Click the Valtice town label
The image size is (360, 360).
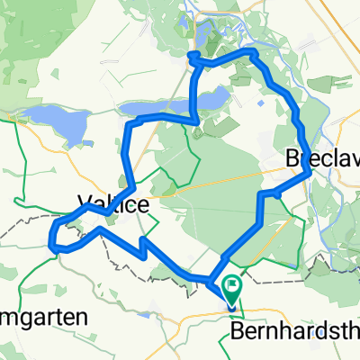click(x=113, y=205)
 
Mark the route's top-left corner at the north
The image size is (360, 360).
click(x=192, y=62)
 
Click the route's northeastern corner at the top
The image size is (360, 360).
click(x=253, y=53)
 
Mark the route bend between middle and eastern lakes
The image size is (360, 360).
click(x=196, y=118)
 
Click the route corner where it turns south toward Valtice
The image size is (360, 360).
click(x=130, y=123)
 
